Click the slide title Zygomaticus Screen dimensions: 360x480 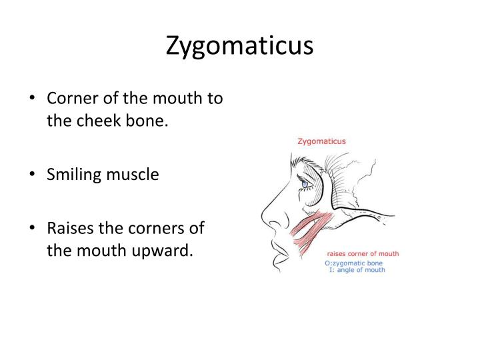(x=239, y=46)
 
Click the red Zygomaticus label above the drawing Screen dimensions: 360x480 (x=321, y=141)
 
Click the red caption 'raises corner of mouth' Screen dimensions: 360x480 (x=362, y=254)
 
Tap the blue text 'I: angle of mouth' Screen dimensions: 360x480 (x=357, y=270)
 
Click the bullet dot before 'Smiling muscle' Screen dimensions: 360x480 (x=33, y=175)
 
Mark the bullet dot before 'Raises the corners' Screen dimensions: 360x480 (x=33, y=228)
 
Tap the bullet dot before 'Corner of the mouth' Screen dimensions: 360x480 (x=33, y=99)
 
